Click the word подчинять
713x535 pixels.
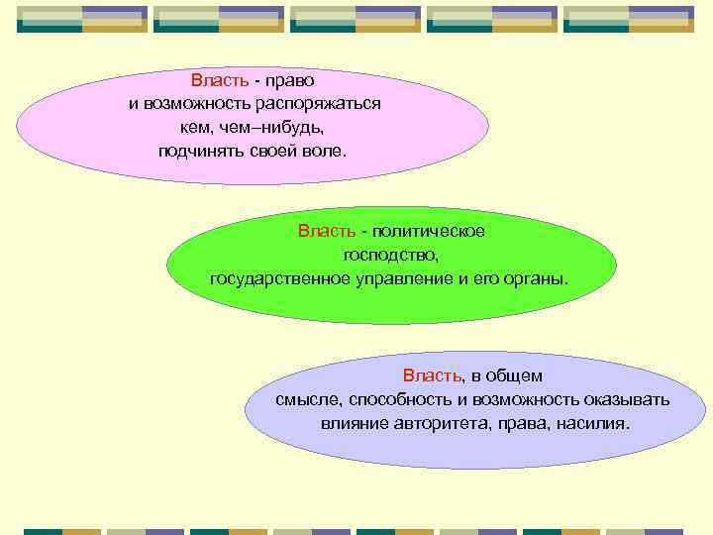pyautogui.click(x=199, y=152)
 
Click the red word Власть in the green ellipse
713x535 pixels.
pyautogui.click(x=326, y=231)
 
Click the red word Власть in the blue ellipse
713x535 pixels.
pyautogui.click(x=432, y=376)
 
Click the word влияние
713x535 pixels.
pyautogui.click(x=352, y=424)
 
